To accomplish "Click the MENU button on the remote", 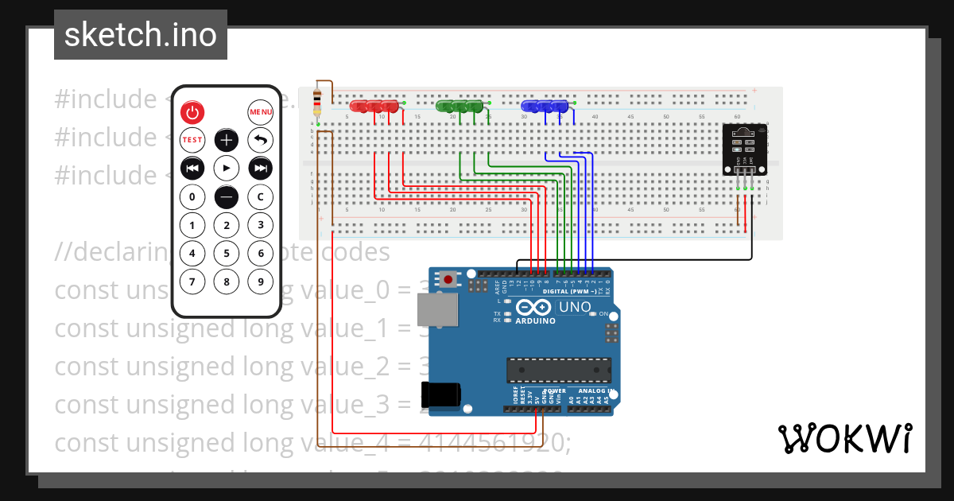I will (261, 112).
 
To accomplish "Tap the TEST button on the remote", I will (192, 140).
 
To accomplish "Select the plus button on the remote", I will (227, 141).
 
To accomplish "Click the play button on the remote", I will (227, 169).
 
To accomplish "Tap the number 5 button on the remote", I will (227, 254).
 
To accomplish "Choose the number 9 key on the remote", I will (261, 282).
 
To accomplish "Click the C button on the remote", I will (261, 196).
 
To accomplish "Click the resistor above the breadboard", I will (318, 101).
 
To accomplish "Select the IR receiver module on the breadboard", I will (744, 150).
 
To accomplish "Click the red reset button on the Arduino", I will (449, 280).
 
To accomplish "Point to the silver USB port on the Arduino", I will (444, 310).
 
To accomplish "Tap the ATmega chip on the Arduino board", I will (560, 371).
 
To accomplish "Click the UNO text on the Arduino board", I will (575, 307).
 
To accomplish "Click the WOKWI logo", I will (844, 439).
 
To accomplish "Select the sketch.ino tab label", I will (141, 35).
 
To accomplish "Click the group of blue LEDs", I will (545, 106).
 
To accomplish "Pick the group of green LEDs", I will (460, 106).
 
